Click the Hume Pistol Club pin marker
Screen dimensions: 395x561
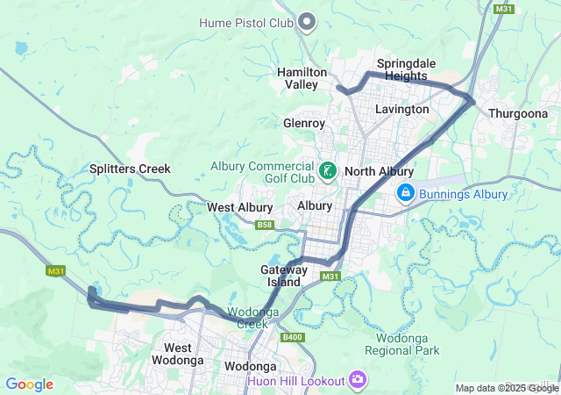[x=308, y=20]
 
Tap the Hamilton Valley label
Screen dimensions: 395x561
[x=302, y=78]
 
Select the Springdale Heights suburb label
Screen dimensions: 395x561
[x=402, y=70]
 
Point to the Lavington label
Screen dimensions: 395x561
[x=401, y=110]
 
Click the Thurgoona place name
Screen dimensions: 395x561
[x=518, y=114]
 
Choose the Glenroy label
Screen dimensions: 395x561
[x=304, y=124]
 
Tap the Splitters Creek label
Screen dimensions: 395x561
[x=130, y=169]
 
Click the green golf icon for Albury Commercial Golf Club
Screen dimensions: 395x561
[x=327, y=170]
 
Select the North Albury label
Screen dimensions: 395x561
[x=379, y=171]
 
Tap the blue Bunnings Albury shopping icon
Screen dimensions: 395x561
[x=406, y=193]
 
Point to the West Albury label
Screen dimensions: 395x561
[x=237, y=207]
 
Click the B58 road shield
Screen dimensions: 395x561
[x=264, y=226]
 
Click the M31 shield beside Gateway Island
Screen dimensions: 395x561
[x=330, y=276]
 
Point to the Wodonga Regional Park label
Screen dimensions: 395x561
[x=407, y=344]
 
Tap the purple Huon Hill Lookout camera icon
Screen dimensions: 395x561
[x=358, y=379]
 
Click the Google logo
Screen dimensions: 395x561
[x=29, y=384]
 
